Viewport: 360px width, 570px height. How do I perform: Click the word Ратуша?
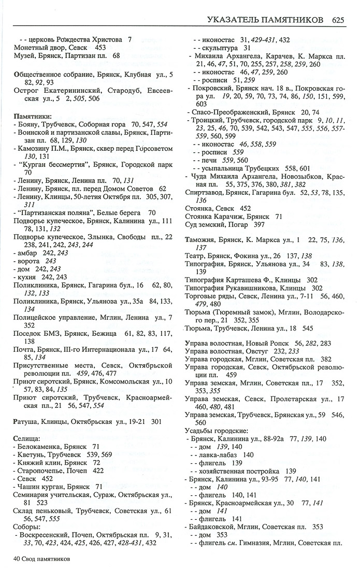pos(26,421)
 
